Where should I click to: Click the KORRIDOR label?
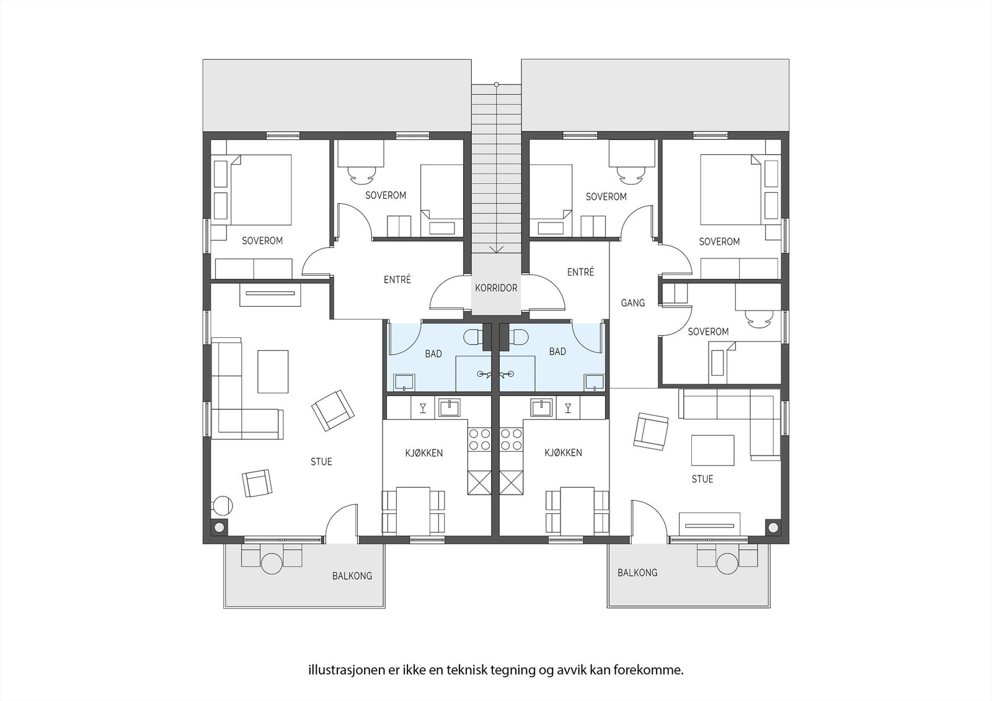(496, 288)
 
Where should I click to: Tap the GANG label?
(632, 303)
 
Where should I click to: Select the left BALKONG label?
(352, 576)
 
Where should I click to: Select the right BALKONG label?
(637, 573)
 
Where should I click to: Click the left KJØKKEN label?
(424, 453)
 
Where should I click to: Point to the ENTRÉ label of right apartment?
(580, 272)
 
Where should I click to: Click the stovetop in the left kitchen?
(479, 440)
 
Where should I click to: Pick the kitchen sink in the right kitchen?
(541, 407)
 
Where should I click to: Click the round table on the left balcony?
(272, 563)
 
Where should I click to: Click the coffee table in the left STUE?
(273, 371)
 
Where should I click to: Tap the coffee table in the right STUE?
(713, 450)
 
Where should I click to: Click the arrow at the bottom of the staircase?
(496, 249)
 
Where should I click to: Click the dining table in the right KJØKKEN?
(577, 511)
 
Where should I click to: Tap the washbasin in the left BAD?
(403, 382)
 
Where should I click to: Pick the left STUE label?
(321, 462)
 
